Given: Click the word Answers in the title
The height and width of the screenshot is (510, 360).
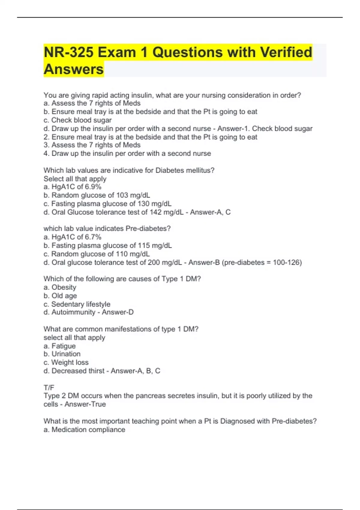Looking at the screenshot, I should coord(74,69).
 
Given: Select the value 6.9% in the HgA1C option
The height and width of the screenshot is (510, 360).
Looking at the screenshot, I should coord(93,187).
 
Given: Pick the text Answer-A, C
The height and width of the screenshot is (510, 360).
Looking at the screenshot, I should coord(210,212).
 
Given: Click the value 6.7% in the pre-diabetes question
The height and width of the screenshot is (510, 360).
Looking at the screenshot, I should coord(93,237).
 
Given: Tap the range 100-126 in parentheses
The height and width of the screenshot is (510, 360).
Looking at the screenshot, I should coord(286,262).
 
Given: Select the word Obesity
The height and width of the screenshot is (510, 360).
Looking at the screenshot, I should coord(64,287).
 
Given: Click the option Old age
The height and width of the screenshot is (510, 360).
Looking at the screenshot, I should coord(64,296).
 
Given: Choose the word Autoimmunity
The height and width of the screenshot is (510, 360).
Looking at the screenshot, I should coord(73,312).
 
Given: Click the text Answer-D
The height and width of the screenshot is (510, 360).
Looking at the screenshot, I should coord(118,312).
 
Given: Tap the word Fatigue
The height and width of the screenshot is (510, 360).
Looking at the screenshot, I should coord(64,346).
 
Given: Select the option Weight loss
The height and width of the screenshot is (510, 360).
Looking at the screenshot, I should coord(70,362).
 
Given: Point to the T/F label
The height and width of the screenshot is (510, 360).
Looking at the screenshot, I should coord(49,388).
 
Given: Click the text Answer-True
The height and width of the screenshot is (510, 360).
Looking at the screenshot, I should coord(85,404).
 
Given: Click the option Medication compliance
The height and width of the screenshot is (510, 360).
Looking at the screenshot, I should coord(88,430).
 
